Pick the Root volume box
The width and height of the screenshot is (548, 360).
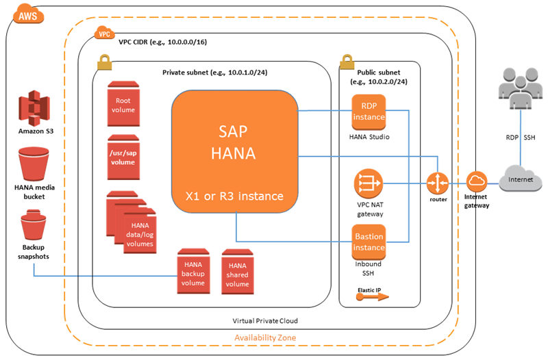[123, 103]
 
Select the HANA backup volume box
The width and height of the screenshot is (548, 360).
[192, 272]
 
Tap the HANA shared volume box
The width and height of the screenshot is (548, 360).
[237, 274]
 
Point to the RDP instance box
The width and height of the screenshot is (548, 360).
[369, 113]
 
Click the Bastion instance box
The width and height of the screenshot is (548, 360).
[369, 240]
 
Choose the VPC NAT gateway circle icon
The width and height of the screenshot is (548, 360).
[368, 184]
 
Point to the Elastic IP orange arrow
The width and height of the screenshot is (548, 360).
[373, 297]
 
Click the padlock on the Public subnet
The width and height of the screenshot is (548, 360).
[346, 62]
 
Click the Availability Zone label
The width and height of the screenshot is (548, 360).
[264, 337]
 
